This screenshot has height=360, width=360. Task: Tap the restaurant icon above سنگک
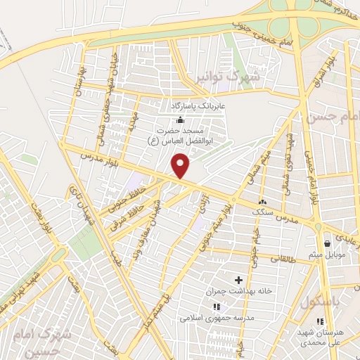[x=263, y=200]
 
